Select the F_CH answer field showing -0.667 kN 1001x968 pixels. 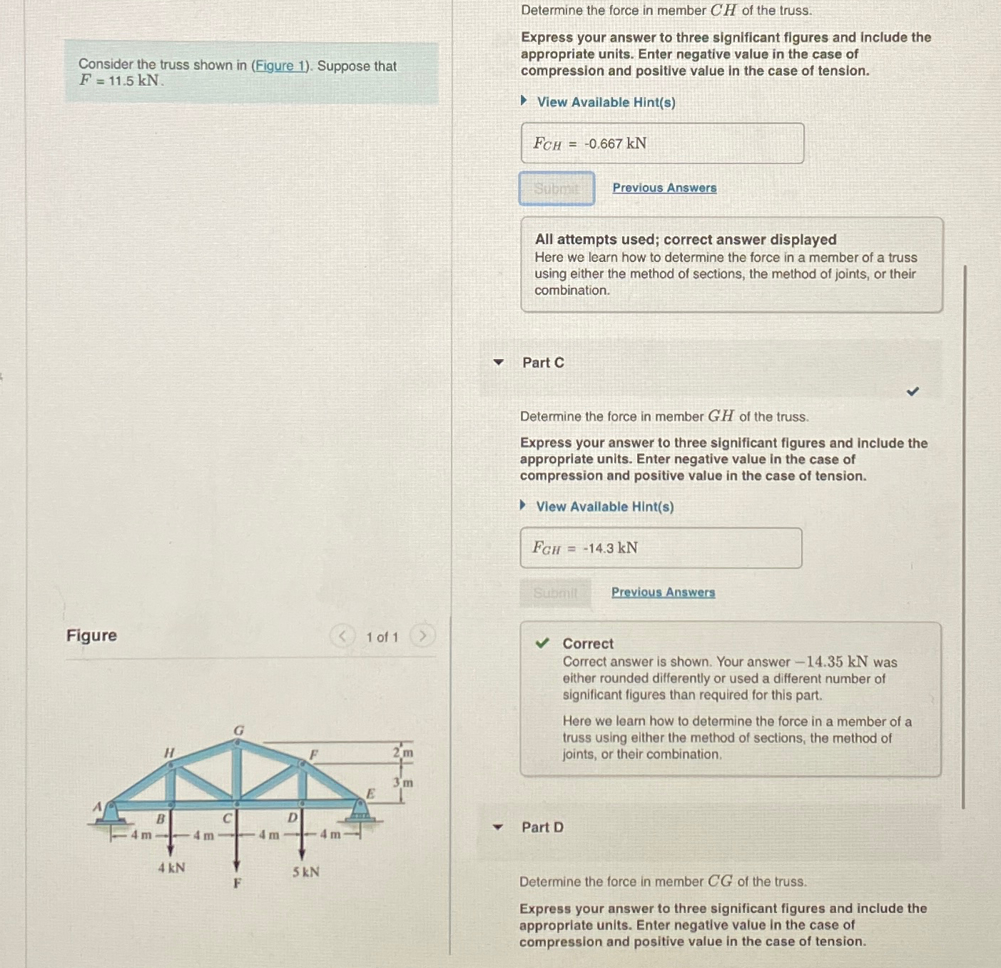coord(661,143)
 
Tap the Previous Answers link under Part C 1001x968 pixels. coord(663,593)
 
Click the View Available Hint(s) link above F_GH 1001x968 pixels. coord(604,507)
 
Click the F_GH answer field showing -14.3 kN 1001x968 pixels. coord(660,548)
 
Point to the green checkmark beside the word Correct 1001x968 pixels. coord(542,643)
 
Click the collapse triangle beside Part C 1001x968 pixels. coord(499,363)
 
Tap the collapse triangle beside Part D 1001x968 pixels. coord(498,827)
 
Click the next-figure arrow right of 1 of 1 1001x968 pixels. coord(422,636)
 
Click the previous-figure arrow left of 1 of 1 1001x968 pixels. coord(342,636)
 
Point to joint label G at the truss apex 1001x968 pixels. coord(238,730)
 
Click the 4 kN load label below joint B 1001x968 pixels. coord(171,868)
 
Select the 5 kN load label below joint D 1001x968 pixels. coord(305,872)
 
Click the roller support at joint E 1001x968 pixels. coord(361,811)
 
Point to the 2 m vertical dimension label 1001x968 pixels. coord(403,752)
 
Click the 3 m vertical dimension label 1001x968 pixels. coord(403,782)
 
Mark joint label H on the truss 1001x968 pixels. coord(169,752)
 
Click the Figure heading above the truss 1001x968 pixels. coord(91,635)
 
